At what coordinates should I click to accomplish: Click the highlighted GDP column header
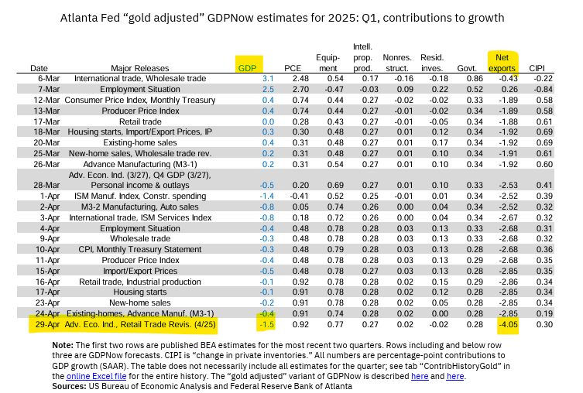pos(249,67)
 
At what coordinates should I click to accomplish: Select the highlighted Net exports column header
pos(502,63)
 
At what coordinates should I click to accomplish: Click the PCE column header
pos(293,68)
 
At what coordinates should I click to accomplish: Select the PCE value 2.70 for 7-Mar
pos(293,90)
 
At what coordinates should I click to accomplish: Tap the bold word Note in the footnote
pos(84,343)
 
